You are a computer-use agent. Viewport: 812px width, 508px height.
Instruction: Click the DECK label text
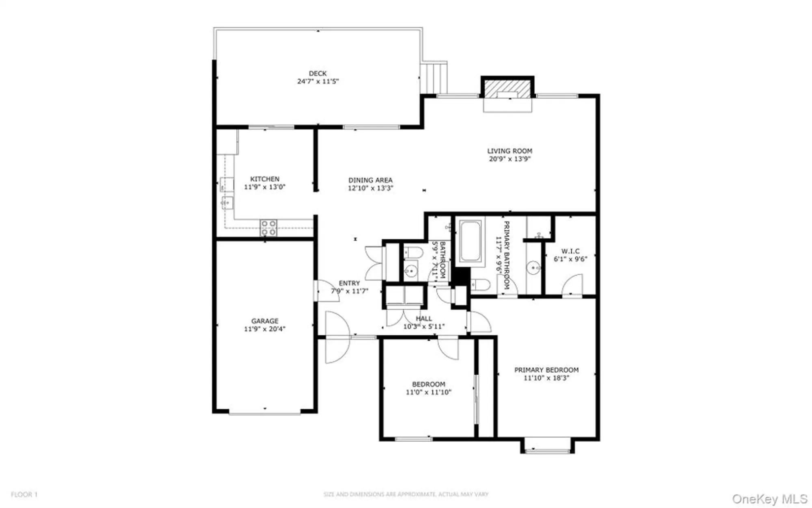point(317,74)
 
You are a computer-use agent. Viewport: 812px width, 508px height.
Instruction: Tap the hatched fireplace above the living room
point(508,89)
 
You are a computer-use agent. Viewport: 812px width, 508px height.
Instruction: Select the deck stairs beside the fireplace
point(434,78)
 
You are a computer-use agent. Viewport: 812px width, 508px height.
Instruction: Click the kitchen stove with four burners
point(268,228)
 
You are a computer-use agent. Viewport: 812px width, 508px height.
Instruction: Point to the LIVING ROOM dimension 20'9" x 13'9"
point(510,159)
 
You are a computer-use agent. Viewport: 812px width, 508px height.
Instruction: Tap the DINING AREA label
point(370,180)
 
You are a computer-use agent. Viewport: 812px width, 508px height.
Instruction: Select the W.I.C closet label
point(570,251)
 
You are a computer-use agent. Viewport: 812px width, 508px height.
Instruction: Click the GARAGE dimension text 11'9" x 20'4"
point(264,329)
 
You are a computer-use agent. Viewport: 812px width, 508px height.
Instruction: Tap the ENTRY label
point(349,283)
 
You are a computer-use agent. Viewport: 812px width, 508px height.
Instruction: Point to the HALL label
point(423,319)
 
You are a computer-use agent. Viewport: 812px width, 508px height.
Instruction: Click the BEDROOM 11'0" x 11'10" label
point(428,388)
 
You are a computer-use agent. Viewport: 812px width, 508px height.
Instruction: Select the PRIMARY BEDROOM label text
point(546,370)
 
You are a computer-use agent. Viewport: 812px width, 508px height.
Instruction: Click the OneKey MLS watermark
point(769,499)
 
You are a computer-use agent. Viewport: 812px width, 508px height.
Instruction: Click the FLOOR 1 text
point(24,495)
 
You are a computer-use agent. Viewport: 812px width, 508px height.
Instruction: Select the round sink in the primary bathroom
point(533,268)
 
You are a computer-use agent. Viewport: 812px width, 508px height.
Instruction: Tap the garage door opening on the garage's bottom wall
point(264,413)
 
